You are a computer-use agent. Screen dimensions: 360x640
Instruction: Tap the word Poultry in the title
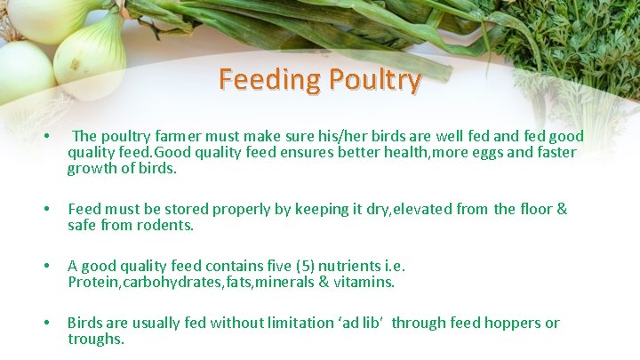pos(373,80)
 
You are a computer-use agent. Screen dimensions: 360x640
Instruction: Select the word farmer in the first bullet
pos(186,137)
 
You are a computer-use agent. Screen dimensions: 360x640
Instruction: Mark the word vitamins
pos(362,283)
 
